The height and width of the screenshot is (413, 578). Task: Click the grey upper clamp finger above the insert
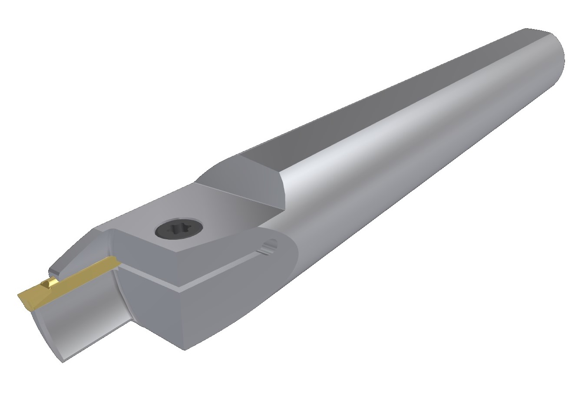click(74, 252)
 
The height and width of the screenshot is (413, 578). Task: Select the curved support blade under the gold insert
click(83, 317)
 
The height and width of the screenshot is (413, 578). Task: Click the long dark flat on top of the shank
click(391, 96)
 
